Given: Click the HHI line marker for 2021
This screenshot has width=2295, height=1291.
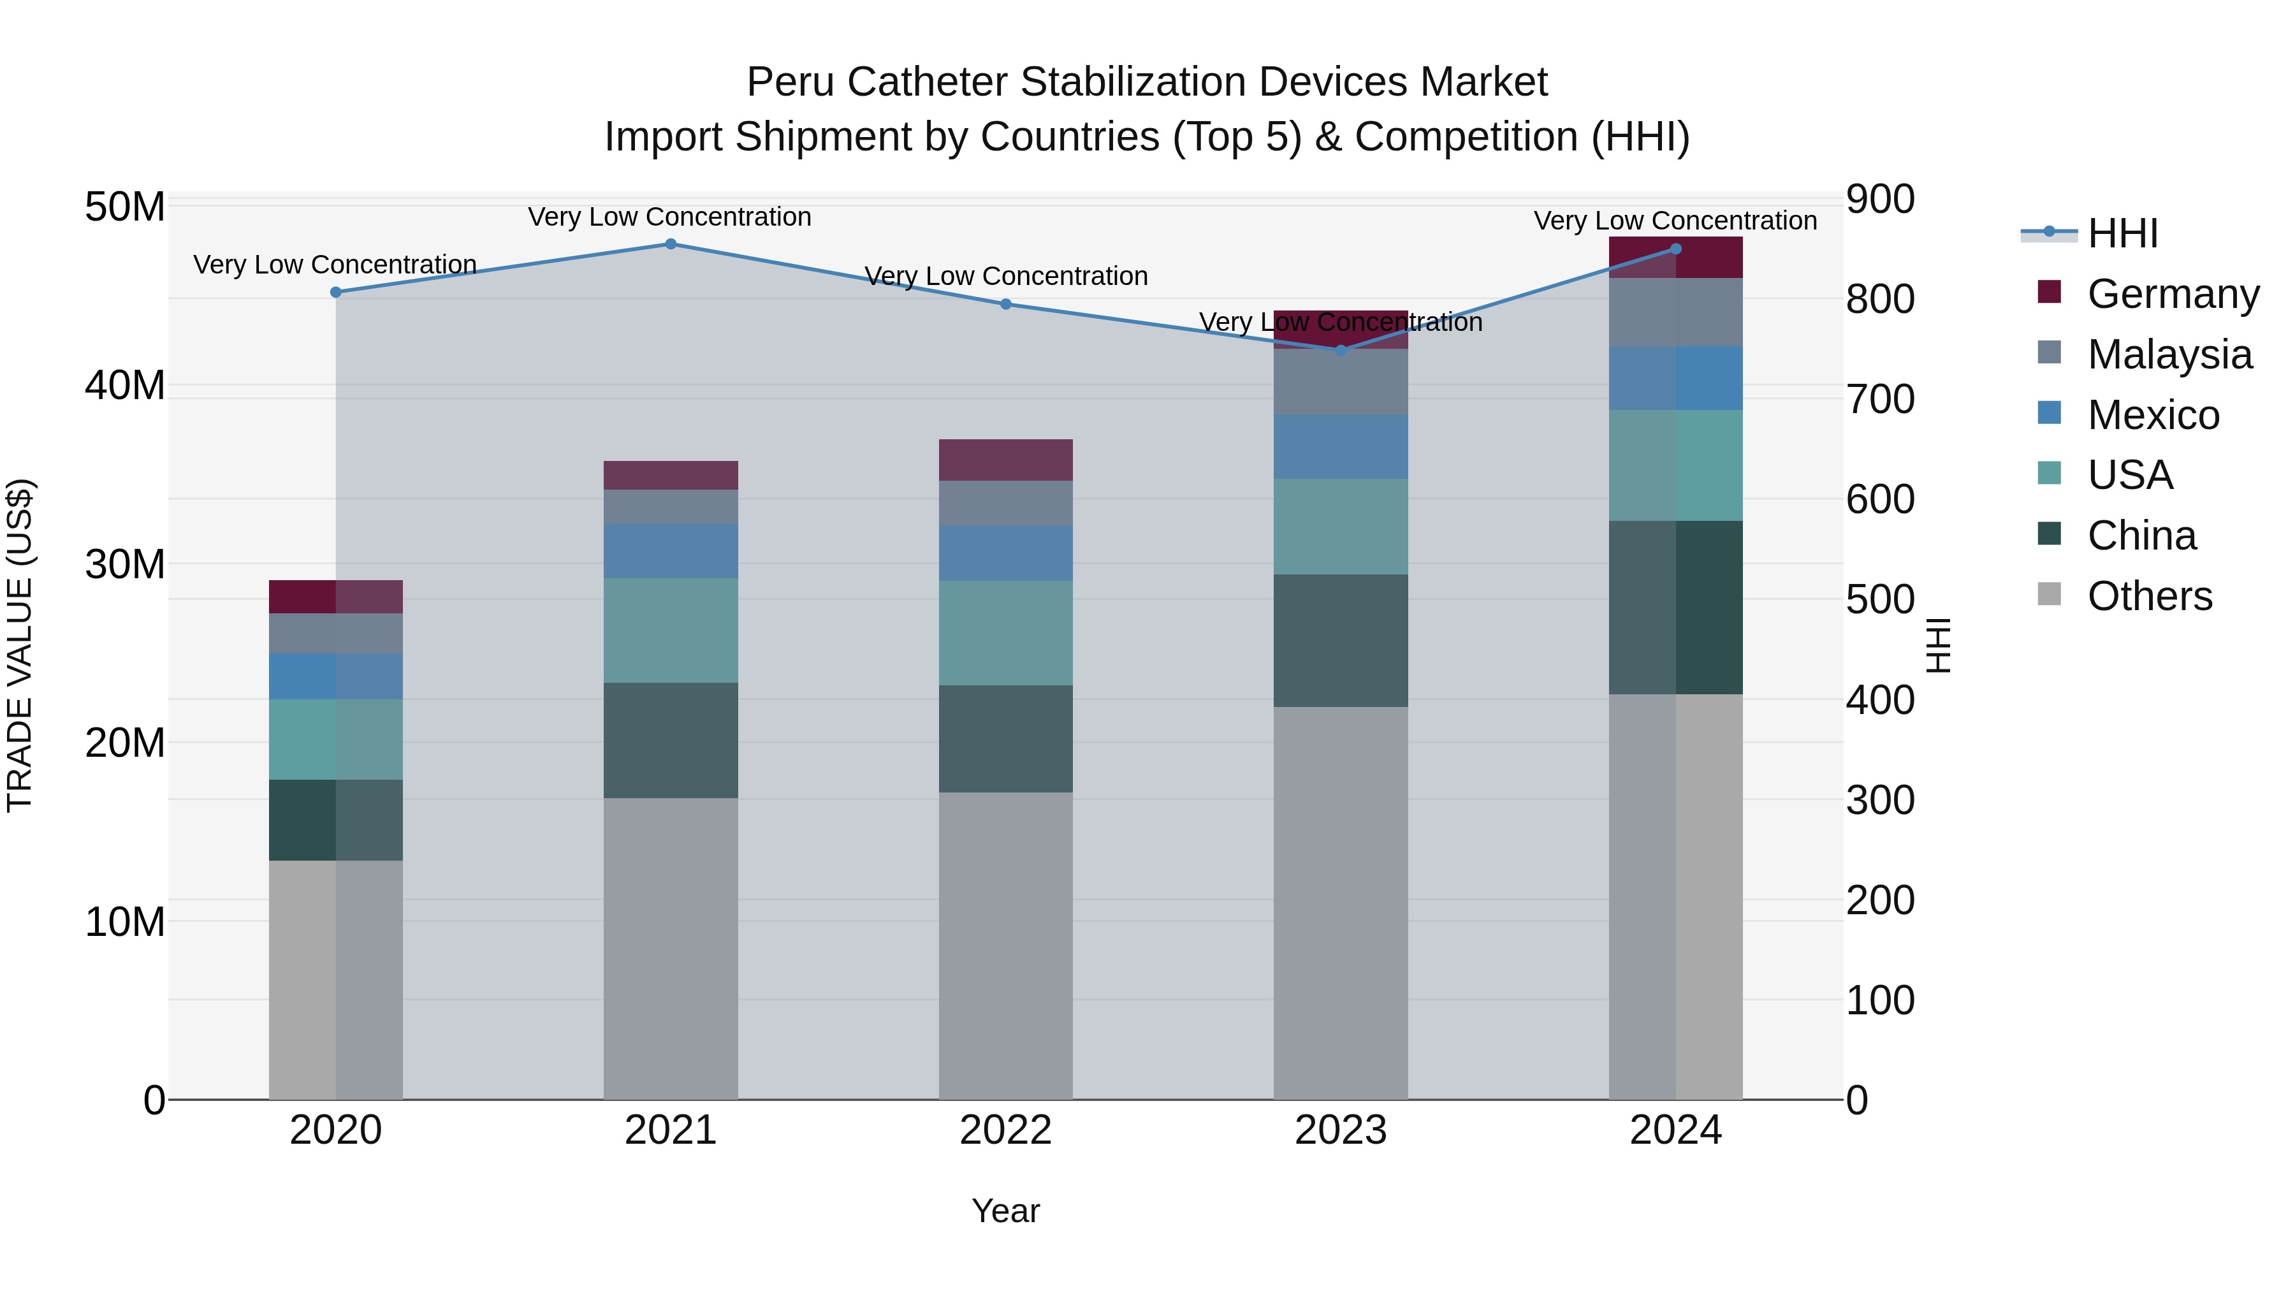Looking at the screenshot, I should coord(671,244).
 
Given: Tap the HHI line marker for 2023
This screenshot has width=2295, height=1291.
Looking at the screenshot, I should coord(1341,350).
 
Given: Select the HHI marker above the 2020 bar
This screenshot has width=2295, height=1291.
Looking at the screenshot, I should coord(336,292).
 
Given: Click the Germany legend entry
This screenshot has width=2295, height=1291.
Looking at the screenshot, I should coord(2172,294).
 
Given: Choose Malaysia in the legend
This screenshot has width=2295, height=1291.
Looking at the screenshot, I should coord(2169,354).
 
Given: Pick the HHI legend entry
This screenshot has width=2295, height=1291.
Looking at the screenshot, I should coord(2122,233).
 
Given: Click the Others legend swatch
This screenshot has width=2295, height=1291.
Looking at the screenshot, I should coord(2049,594).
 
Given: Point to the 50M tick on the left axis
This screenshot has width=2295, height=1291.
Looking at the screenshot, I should coord(125,208).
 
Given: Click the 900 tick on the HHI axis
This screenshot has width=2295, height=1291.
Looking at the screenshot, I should coord(1880,200).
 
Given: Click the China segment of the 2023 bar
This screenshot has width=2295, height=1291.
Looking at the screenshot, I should coord(1341,641).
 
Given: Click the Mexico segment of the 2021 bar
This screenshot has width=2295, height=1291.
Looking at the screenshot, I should coord(671,551).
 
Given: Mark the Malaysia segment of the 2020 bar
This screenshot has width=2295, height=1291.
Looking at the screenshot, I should coord(336,634).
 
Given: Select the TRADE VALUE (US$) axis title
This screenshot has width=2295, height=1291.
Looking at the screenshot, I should coord(20,645).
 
